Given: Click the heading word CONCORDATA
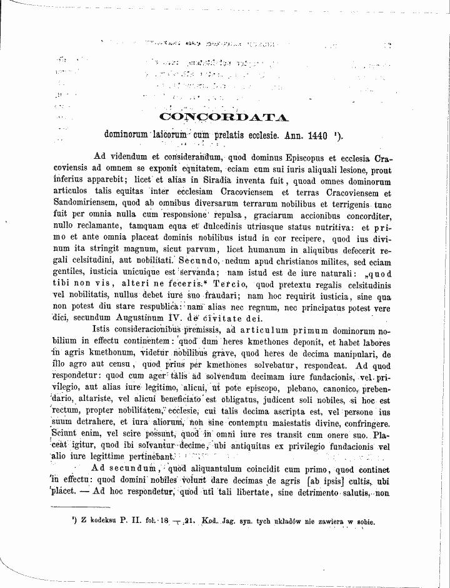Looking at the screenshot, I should [x=224, y=116].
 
